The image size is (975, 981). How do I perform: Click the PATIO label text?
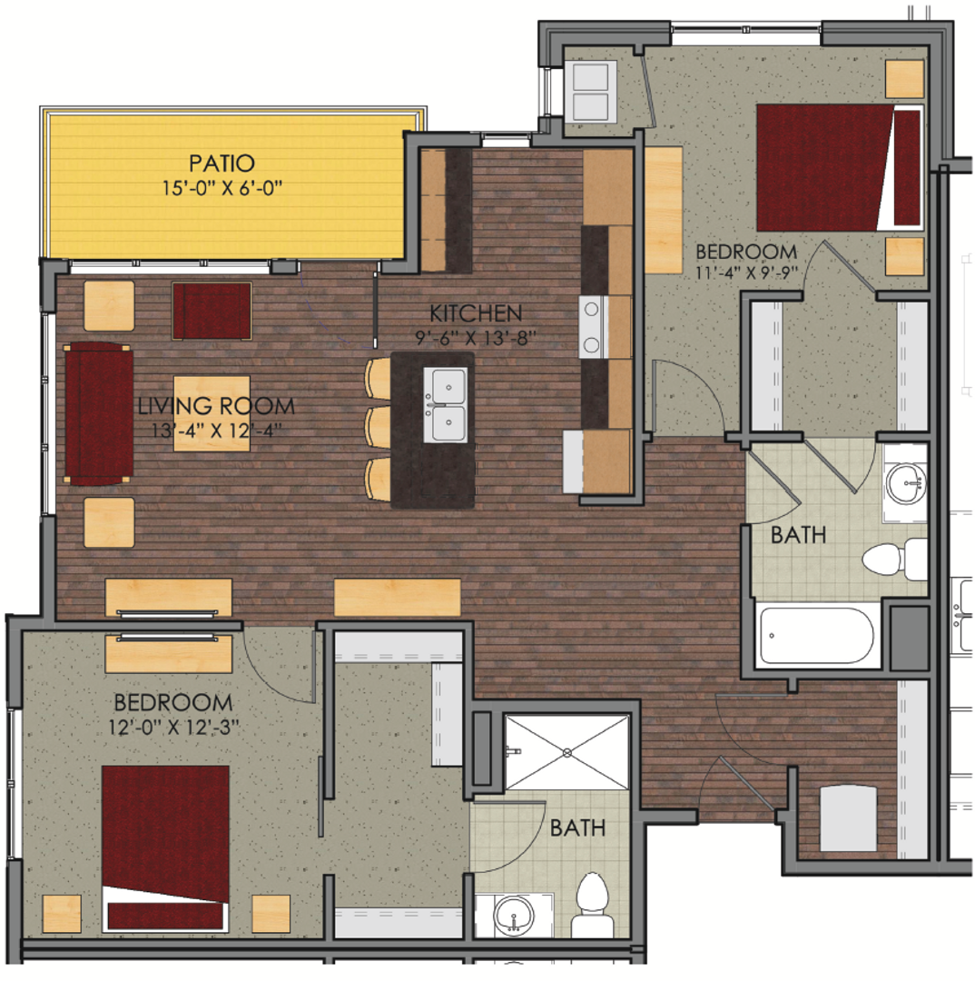[x=222, y=163]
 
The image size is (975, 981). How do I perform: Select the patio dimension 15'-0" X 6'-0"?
[x=222, y=189]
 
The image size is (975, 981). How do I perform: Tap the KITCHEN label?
[x=476, y=314]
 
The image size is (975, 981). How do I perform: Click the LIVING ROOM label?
[x=217, y=406]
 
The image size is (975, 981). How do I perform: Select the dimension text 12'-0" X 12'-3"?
[x=172, y=727]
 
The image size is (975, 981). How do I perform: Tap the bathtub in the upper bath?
[x=816, y=635]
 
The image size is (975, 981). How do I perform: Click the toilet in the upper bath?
[x=893, y=559]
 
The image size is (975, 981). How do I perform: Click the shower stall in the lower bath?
[x=567, y=752]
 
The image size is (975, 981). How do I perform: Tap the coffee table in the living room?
[x=212, y=413]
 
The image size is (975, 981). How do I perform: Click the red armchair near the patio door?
[x=212, y=311]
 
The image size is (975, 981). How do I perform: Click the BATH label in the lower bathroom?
[x=578, y=828]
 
